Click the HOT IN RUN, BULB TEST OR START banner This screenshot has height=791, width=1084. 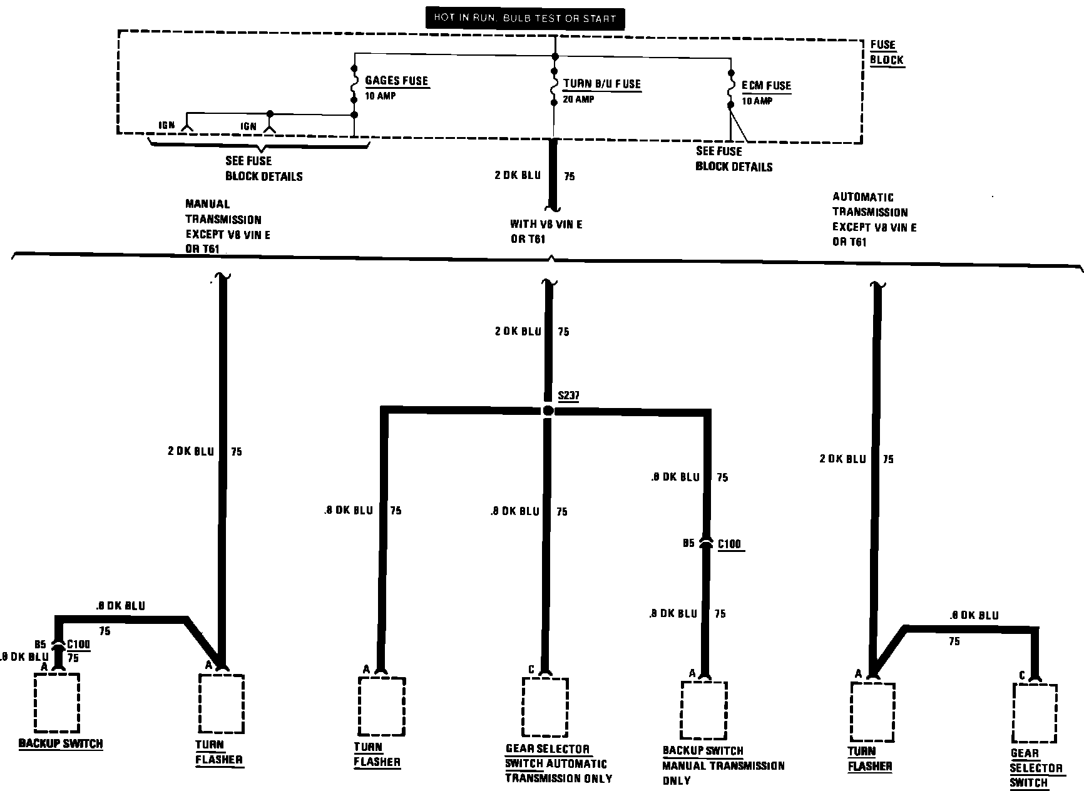[x=524, y=18]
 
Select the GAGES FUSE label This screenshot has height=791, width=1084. [x=397, y=81]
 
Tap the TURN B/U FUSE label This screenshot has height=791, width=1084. [x=602, y=84]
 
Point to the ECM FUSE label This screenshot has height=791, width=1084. [x=766, y=86]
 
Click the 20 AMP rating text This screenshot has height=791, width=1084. [x=578, y=100]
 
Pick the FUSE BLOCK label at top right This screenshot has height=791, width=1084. [x=886, y=53]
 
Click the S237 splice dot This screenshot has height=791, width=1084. [x=548, y=411]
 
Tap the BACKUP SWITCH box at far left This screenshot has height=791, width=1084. [x=57, y=702]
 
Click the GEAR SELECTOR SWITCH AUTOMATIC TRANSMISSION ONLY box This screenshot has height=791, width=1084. [x=545, y=707]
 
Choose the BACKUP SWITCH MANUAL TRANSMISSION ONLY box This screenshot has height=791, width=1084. [x=704, y=710]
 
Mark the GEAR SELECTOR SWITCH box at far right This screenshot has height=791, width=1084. [x=1035, y=713]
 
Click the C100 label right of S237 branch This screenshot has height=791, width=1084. [x=729, y=544]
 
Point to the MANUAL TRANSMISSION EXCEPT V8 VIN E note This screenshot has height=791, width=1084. [x=228, y=227]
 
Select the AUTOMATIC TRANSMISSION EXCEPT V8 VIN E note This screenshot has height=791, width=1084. [x=874, y=220]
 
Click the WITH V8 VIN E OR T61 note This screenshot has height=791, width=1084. [x=546, y=232]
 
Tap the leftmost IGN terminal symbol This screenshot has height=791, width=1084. [x=187, y=128]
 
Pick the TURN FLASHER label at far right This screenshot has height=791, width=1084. [x=870, y=758]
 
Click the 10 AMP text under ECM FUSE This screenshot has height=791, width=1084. [x=757, y=101]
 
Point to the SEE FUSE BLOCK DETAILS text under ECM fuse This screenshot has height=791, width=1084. [x=734, y=159]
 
